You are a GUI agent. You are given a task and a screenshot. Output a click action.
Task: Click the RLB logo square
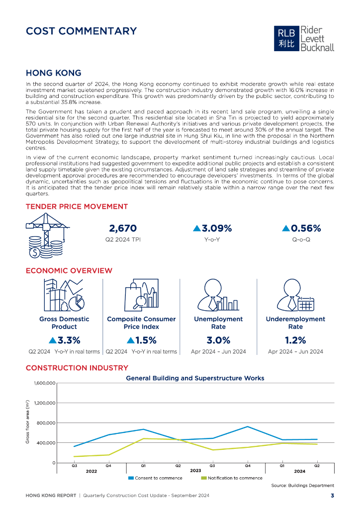[x=287, y=38]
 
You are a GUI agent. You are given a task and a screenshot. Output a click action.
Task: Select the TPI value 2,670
[x=122, y=229]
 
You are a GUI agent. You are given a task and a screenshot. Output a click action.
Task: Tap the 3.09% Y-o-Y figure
[x=212, y=229]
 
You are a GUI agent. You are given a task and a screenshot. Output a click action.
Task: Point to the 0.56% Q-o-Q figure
[x=301, y=229]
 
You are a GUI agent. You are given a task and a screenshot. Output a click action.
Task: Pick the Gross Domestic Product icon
[x=64, y=295]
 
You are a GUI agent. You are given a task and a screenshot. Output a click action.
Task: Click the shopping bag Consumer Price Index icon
[x=141, y=296]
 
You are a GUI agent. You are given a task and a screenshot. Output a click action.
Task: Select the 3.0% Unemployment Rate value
[x=218, y=340]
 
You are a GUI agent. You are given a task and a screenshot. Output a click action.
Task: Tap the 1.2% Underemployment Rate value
[x=295, y=340]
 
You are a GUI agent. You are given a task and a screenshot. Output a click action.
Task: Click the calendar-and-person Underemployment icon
[x=295, y=295]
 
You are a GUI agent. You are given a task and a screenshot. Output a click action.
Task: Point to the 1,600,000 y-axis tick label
[x=44, y=383]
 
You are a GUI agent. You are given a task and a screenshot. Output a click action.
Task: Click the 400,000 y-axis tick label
[x=47, y=443]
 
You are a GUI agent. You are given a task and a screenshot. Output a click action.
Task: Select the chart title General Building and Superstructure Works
[x=195, y=378]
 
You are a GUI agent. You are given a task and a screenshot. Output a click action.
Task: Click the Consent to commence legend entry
[x=155, y=478]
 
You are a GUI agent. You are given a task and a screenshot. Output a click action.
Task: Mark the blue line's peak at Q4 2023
[x=247, y=426]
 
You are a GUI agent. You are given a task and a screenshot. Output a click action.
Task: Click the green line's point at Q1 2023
[x=143, y=438]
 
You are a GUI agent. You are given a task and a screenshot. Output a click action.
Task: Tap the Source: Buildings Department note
[x=302, y=486]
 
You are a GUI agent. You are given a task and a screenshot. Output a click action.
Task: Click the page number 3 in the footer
[x=332, y=496]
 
